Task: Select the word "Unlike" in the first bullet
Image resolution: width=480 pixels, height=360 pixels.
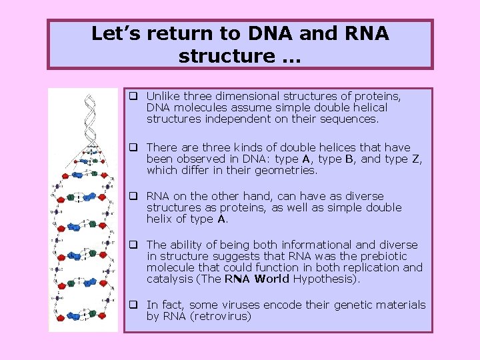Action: (x=163, y=96)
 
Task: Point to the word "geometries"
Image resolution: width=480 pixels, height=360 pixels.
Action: (x=285, y=170)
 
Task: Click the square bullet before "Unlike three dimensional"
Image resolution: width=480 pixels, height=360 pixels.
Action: (x=134, y=96)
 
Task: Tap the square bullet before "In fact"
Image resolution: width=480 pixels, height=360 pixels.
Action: (x=134, y=305)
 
